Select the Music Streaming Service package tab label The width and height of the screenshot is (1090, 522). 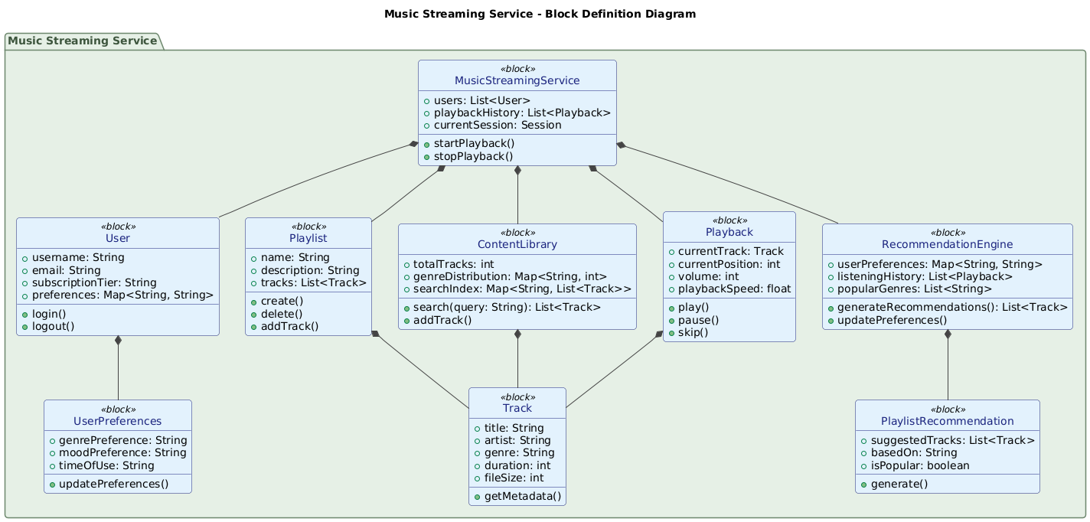click(x=83, y=41)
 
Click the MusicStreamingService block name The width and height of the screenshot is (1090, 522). click(x=517, y=80)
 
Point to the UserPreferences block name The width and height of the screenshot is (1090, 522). click(x=117, y=421)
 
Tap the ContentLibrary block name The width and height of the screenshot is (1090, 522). click(x=517, y=244)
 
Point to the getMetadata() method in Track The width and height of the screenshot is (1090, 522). click(x=522, y=496)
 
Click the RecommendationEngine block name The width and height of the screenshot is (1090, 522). click(x=947, y=244)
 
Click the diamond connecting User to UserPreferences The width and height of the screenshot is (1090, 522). click(x=117, y=341)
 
